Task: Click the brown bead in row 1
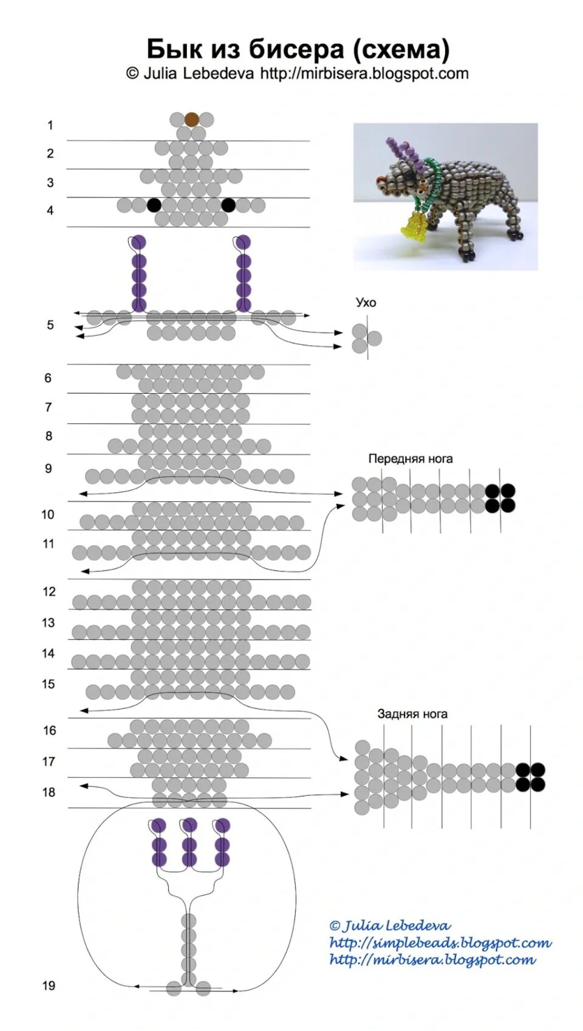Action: pos(192,119)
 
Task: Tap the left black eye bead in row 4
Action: pos(154,205)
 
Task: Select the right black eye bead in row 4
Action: pos(228,205)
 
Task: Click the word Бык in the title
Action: pos(172,48)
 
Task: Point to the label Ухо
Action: pos(366,303)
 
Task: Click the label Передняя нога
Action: pos(411,459)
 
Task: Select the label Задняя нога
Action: pos(412,714)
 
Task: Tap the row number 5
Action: pos(50,325)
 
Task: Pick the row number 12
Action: pos(49,591)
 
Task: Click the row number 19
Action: pos(49,985)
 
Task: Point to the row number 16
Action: pos(49,730)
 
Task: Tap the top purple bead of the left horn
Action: pos(139,242)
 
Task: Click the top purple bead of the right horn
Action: pos(244,242)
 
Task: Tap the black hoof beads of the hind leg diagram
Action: pos(531,777)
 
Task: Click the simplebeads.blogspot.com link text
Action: pos(440,943)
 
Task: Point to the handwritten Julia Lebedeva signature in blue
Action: pos(390,926)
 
